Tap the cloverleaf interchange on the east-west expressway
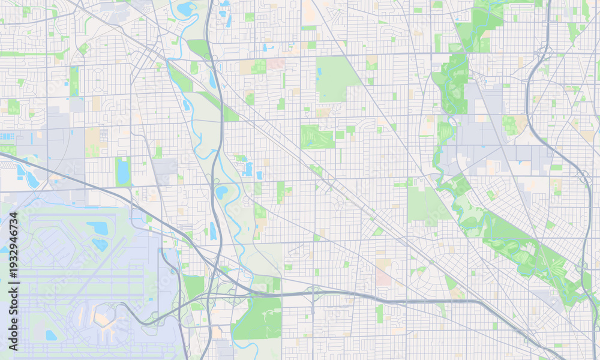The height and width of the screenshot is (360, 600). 313,294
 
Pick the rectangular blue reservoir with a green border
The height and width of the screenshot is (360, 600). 123,172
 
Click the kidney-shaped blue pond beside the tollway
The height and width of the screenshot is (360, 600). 221,192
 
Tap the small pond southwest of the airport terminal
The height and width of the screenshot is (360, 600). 52,335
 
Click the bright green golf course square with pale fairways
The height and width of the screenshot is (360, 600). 317,137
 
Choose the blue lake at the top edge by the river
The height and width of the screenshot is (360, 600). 186,8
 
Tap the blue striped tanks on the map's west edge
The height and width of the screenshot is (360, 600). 7,137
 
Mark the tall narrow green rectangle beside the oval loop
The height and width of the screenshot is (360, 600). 74,81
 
